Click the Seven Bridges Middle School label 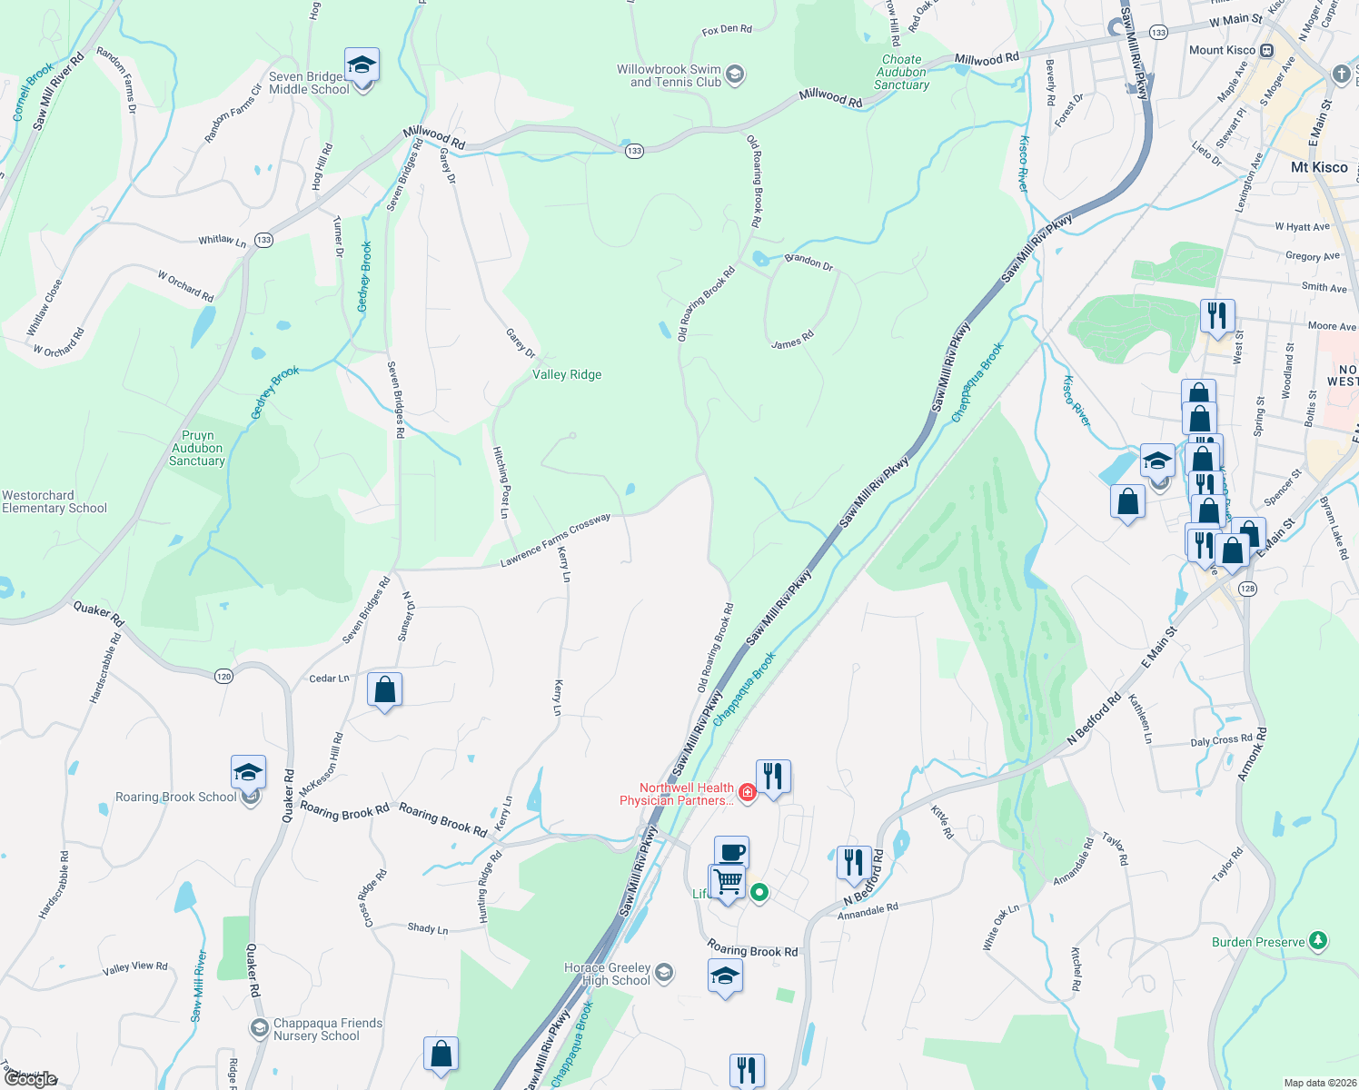coord(309,83)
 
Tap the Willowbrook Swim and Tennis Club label coord(669,75)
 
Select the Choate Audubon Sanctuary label coord(901,72)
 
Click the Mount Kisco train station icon coord(1266,50)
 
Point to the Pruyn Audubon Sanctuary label coord(197,448)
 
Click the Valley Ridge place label coord(567,374)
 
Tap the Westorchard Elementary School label coord(55,501)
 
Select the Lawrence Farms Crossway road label coord(555,540)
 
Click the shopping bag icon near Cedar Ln coord(385,690)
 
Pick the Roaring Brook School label coord(175,797)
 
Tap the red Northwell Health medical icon coord(747,792)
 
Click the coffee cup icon coord(731,853)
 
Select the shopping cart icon coord(728,881)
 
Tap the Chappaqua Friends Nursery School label coord(328,1029)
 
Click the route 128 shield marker coord(1247,589)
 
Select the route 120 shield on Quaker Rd coord(224,676)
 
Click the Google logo coord(30,1079)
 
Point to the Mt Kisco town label coord(1319,167)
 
